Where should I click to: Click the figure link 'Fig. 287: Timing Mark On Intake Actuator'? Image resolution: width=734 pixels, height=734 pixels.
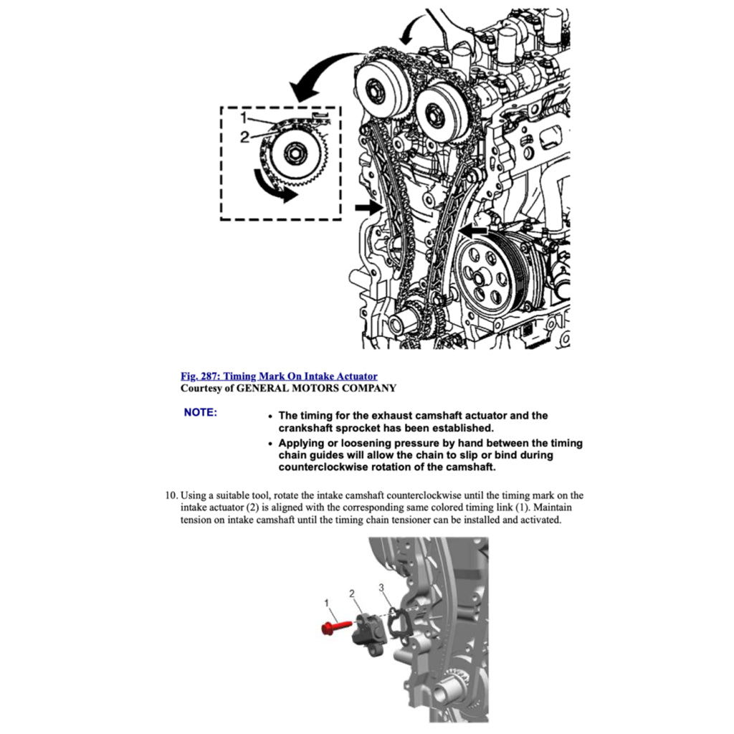279,376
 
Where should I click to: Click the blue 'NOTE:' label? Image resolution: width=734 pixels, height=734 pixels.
200,413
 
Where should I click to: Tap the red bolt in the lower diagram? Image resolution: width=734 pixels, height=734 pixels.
335,627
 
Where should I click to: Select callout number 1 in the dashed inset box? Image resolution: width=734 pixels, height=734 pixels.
244,117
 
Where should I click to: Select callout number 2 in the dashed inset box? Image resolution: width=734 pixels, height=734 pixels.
244,138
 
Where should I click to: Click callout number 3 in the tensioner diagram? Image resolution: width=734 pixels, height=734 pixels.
382,588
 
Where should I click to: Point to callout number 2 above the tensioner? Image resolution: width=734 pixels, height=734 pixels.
352,594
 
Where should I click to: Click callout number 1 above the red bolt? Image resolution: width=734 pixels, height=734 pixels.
326,603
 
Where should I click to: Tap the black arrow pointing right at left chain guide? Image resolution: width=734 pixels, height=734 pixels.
368,208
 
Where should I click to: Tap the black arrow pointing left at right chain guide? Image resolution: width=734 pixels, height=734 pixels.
474,230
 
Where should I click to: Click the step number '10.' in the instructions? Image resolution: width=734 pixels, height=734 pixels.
171,495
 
